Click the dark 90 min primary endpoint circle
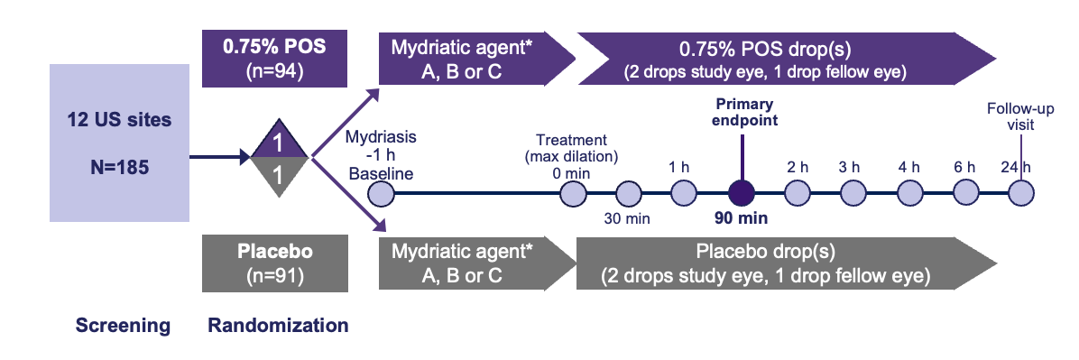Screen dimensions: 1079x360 pos(741,193)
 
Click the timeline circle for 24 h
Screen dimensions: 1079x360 pos(1021,193)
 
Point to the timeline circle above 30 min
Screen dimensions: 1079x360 pos(628,193)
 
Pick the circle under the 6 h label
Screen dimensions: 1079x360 pos(967,193)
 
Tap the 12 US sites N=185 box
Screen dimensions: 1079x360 pos(119,143)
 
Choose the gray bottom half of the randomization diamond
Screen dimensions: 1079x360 pos(278,175)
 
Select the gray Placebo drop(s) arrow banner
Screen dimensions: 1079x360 pos(786,263)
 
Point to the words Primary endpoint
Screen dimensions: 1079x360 pos(743,112)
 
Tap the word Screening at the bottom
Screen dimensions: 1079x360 pos(123,326)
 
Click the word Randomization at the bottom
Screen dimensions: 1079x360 pos(278,325)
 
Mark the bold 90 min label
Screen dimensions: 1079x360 pos(741,219)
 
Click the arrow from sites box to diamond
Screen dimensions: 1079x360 pos(220,158)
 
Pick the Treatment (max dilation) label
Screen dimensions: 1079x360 pos(571,150)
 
